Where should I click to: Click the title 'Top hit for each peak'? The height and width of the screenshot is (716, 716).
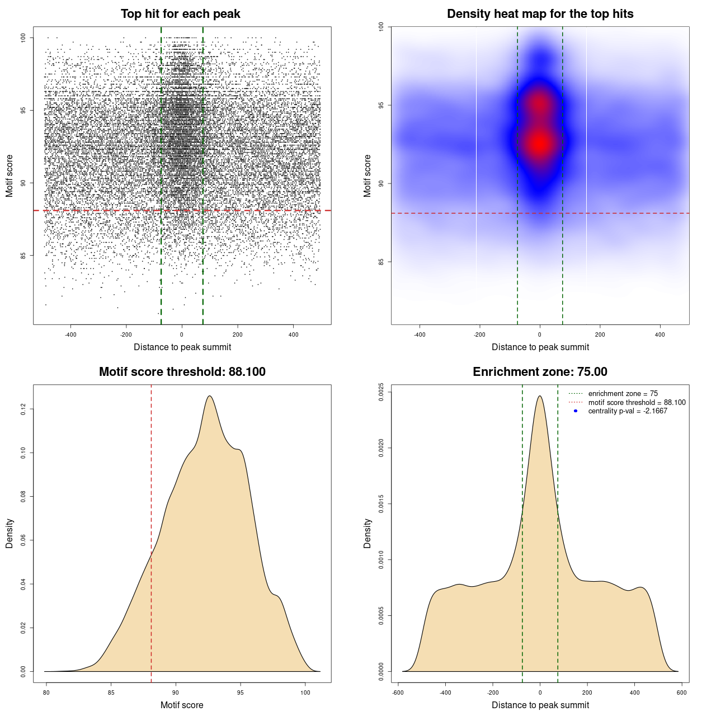click(x=180, y=14)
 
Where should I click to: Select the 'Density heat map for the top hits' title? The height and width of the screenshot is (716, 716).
click(x=540, y=14)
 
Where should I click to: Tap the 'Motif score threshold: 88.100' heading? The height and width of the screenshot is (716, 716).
click(x=182, y=372)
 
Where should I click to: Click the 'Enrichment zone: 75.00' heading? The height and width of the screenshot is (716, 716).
click(x=540, y=372)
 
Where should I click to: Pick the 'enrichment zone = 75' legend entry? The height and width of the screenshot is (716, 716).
click(x=623, y=394)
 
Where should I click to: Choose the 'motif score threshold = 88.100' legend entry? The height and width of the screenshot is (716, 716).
click(x=637, y=402)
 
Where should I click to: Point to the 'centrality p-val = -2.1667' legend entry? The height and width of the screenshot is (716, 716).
click(x=627, y=411)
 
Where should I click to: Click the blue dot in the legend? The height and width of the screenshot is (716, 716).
click(x=576, y=411)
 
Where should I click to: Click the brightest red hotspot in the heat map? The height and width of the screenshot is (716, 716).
click(x=539, y=144)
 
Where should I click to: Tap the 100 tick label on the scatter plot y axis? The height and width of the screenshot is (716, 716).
click(x=23, y=37)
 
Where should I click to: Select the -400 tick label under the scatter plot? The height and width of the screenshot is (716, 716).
click(x=70, y=335)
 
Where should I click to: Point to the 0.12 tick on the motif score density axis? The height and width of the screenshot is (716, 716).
click(x=23, y=409)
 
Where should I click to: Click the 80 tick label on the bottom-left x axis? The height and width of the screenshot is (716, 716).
click(x=46, y=693)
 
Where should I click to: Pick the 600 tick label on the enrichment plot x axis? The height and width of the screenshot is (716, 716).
click(x=681, y=693)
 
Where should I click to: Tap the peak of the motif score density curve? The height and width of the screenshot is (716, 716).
click(x=210, y=396)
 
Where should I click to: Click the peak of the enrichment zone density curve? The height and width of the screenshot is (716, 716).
click(x=540, y=396)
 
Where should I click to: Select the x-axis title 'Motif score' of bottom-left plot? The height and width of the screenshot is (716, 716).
click(x=182, y=705)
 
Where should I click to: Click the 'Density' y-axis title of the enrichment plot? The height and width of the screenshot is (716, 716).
click(x=368, y=533)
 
